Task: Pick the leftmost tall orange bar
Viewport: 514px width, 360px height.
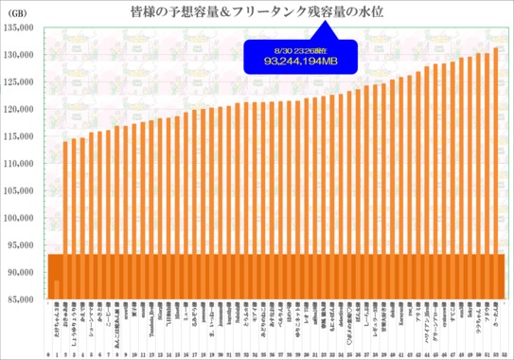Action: [x=65, y=218]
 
